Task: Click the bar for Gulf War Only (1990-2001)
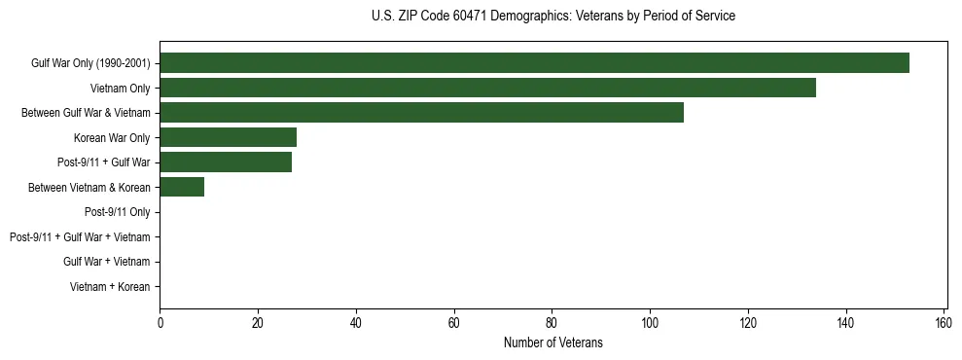point(534,63)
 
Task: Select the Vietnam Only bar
point(487,88)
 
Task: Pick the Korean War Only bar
point(228,137)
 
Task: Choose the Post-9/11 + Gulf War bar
point(226,162)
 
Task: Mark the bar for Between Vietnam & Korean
point(182,187)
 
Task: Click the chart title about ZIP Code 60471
point(553,17)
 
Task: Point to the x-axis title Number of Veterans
point(553,342)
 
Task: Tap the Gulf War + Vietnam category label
point(106,262)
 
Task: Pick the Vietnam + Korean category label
point(110,287)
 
